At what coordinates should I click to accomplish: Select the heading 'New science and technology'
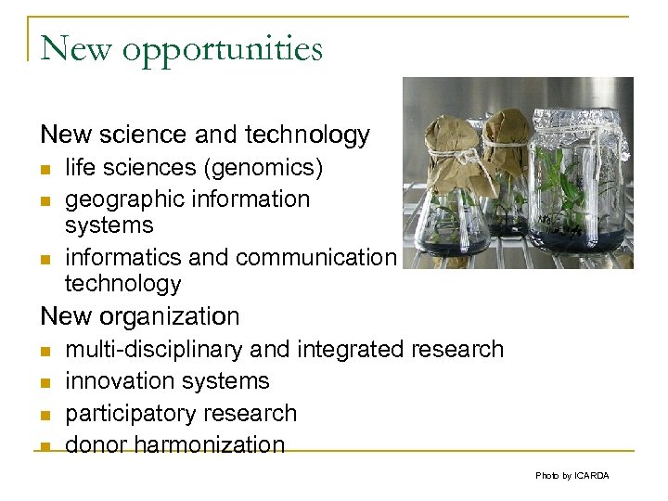pyautogui.click(x=205, y=135)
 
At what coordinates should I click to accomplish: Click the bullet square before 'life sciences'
pyautogui.click(x=45, y=170)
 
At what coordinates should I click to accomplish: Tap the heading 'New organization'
pyautogui.click(x=140, y=316)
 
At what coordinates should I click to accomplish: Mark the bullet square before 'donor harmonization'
pyautogui.click(x=45, y=446)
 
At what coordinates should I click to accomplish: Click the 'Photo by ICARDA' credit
pyautogui.click(x=572, y=476)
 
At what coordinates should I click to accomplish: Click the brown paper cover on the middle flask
pyautogui.click(x=507, y=130)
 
